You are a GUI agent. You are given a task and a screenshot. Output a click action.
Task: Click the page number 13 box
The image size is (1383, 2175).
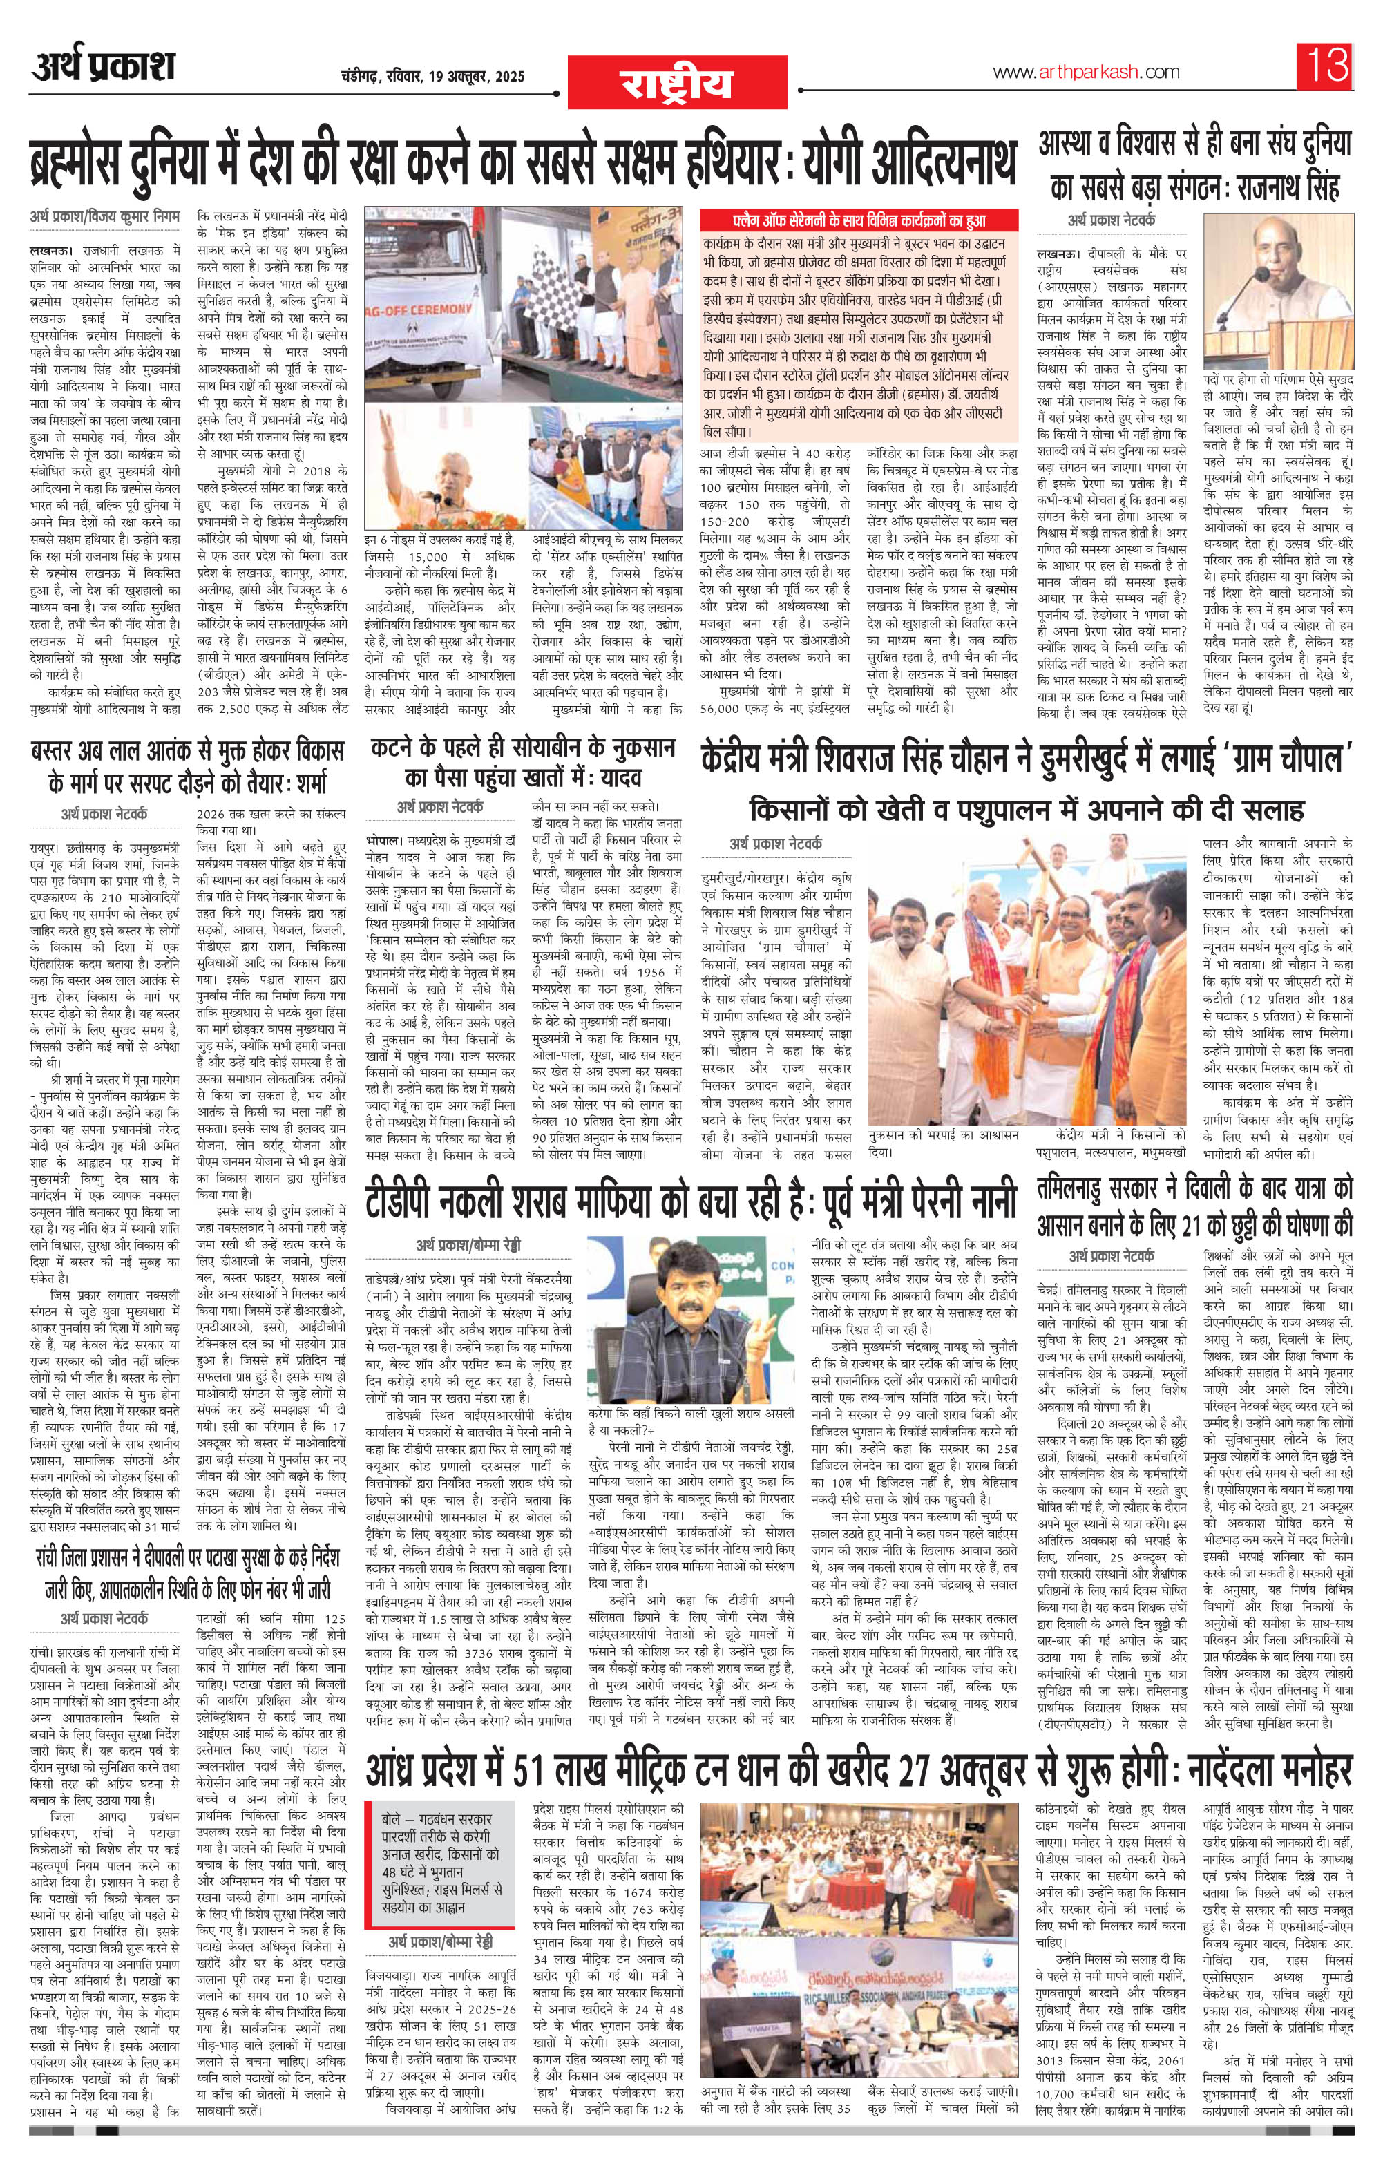click(1326, 66)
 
